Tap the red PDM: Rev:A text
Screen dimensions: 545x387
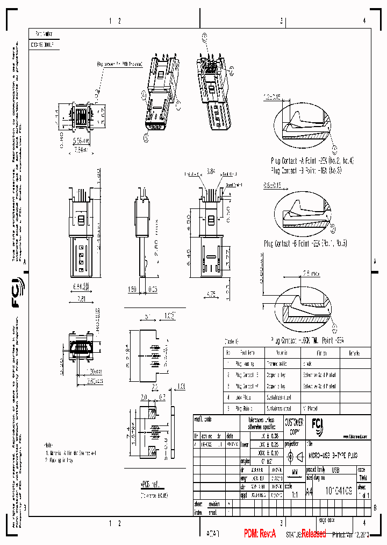tap(260, 533)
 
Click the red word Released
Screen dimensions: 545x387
tap(313, 533)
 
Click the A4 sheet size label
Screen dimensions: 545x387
tap(309, 491)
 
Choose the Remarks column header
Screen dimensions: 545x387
tap(354, 353)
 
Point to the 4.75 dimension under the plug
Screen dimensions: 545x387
tap(211, 294)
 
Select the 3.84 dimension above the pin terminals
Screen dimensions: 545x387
tap(211, 172)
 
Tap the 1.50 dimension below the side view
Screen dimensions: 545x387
tap(133, 289)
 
